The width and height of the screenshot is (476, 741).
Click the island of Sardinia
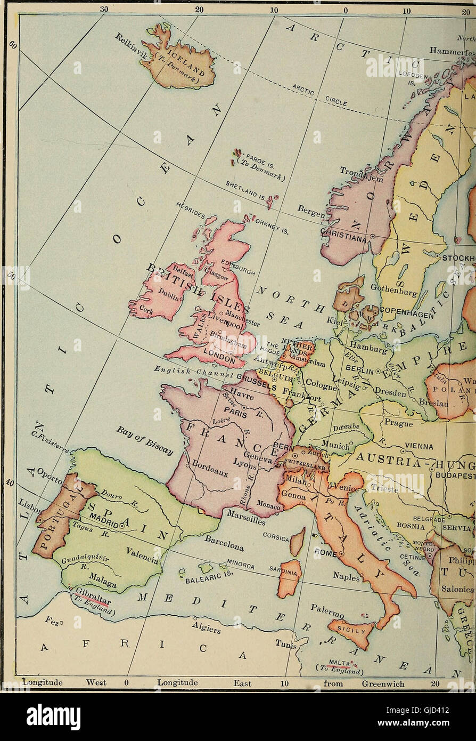pyautogui.click(x=289, y=578)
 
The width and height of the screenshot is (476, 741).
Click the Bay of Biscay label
pyautogui.click(x=144, y=440)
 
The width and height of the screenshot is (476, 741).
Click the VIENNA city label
pyautogui.click(x=419, y=446)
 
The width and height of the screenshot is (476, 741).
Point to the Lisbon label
pyautogui.click(x=28, y=506)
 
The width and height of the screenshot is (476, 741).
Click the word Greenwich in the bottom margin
pyautogui.click(x=383, y=683)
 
